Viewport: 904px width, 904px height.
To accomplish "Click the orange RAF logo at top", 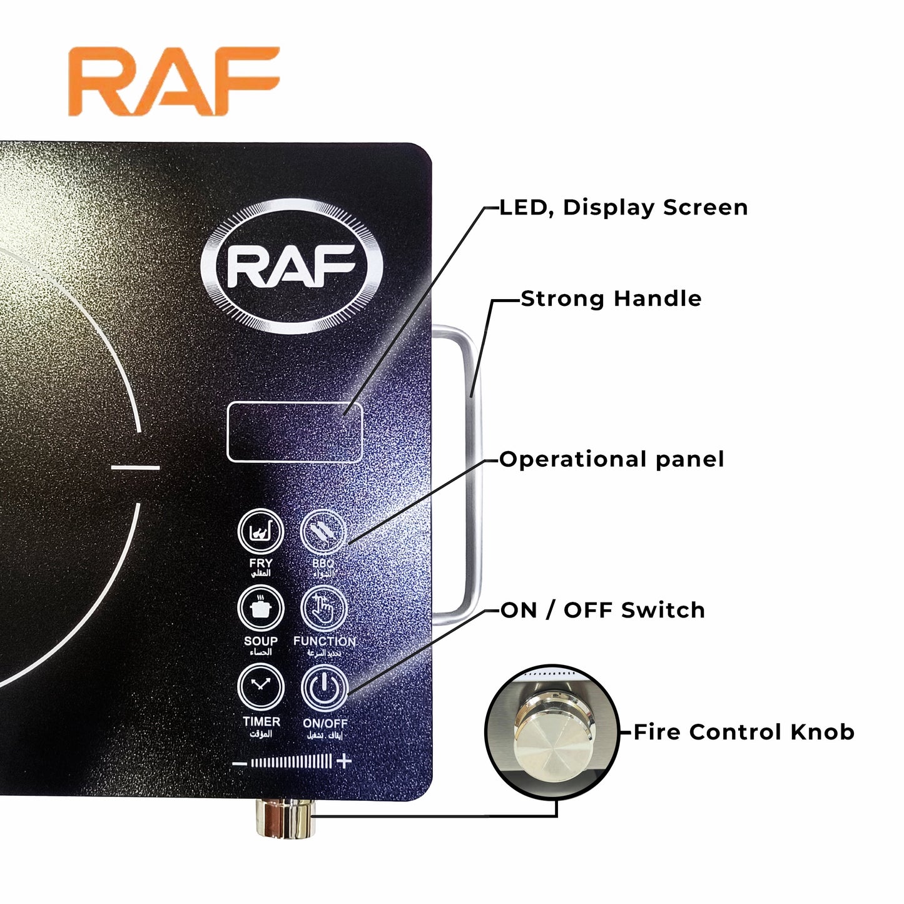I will click(x=174, y=81).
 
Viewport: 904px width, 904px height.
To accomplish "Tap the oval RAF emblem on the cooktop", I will click(x=292, y=266).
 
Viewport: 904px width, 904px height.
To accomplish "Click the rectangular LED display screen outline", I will click(x=294, y=432).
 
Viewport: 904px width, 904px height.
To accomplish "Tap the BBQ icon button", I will click(x=323, y=532).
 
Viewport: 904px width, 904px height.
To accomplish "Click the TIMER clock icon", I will click(x=261, y=687).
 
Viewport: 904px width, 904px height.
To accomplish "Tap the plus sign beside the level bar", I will click(x=343, y=761).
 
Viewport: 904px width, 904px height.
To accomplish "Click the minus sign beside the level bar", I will click(x=239, y=763).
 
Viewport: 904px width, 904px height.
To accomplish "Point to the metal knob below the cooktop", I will click(x=286, y=818).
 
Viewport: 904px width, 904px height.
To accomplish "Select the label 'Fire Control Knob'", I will click(x=743, y=732).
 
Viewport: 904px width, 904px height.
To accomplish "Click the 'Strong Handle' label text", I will click(x=611, y=299).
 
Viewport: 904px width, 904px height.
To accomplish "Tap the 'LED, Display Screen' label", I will click(x=624, y=208).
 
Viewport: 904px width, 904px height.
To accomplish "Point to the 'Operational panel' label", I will click(x=612, y=460).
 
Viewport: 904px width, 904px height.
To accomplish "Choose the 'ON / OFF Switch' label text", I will click(x=603, y=610).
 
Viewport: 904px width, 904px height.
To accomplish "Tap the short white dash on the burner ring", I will click(x=136, y=467).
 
